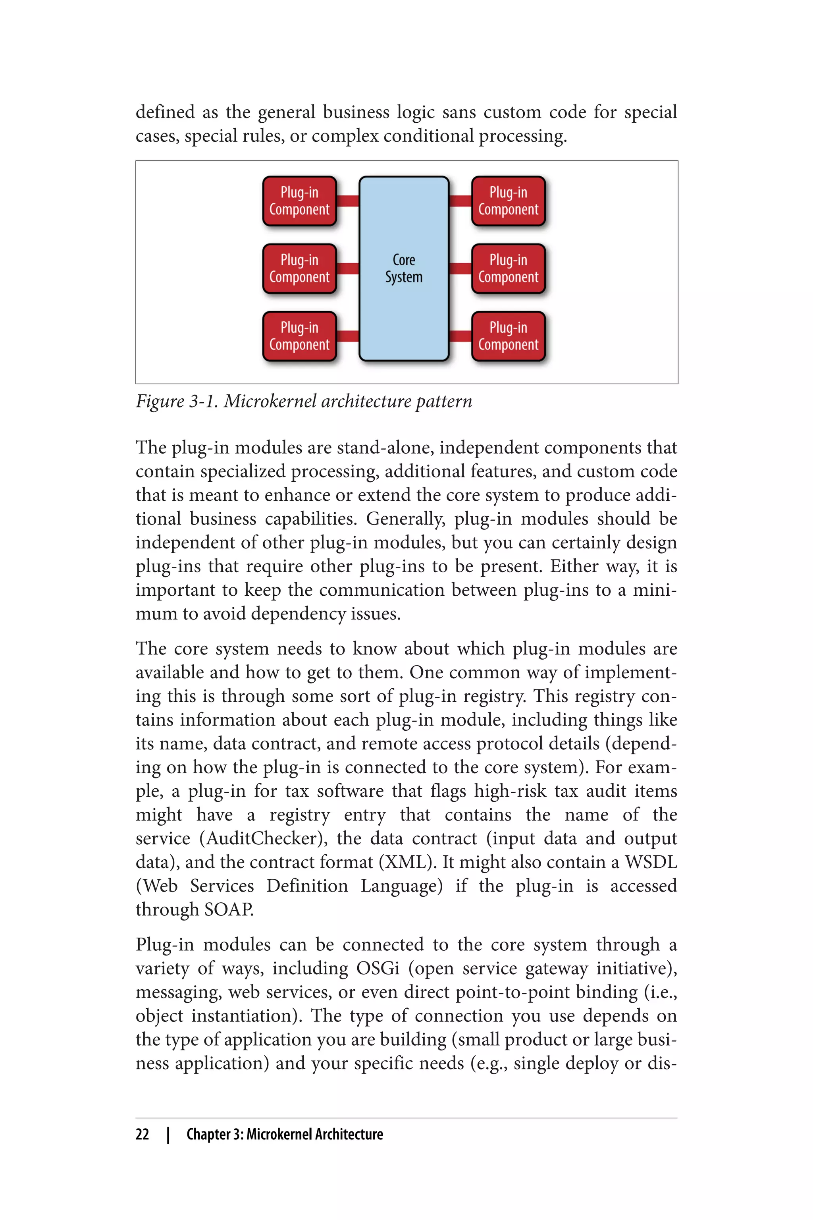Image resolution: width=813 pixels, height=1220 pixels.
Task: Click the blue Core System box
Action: [403, 269]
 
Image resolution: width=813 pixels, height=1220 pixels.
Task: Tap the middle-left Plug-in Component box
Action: [299, 269]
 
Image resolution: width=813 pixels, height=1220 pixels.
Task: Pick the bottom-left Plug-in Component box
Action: [299, 336]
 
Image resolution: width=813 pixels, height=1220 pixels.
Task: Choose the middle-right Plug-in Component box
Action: [508, 269]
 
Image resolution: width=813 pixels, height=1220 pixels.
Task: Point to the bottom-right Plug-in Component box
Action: [508, 336]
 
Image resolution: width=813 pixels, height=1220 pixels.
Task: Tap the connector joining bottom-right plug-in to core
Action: [460, 336]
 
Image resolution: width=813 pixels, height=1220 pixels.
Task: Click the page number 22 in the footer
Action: [143, 1134]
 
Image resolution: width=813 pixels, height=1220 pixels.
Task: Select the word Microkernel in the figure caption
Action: [270, 402]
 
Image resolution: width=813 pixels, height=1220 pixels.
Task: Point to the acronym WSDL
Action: [651, 862]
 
